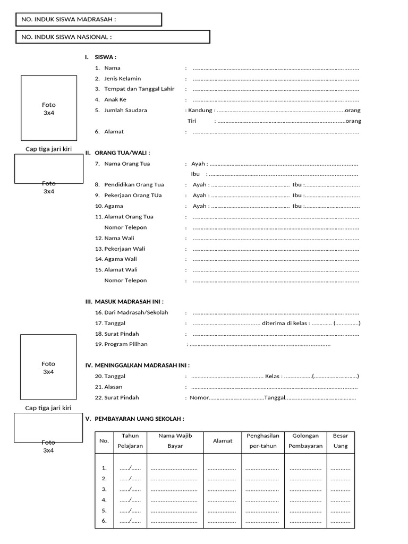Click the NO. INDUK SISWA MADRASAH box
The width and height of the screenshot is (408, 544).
[x=88, y=20]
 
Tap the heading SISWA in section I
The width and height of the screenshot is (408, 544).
[x=105, y=57]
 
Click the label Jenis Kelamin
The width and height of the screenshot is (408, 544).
[x=123, y=79]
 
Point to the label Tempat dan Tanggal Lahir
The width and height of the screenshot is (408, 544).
[x=139, y=89]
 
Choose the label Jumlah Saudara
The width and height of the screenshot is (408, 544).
[x=125, y=110]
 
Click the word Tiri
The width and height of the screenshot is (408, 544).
[x=192, y=121]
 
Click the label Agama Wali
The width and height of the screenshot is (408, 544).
[x=121, y=259]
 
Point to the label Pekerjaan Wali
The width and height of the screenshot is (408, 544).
[x=125, y=249]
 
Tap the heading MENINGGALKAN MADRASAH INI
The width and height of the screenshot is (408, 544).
[x=142, y=365]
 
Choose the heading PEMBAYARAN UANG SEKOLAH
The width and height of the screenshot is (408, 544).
[x=139, y=419]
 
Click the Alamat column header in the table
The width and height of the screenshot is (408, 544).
[x=223, y=441]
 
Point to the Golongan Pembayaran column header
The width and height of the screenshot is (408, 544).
[x=305, y=441]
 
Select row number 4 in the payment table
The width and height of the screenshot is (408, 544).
[x=104, y=500]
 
